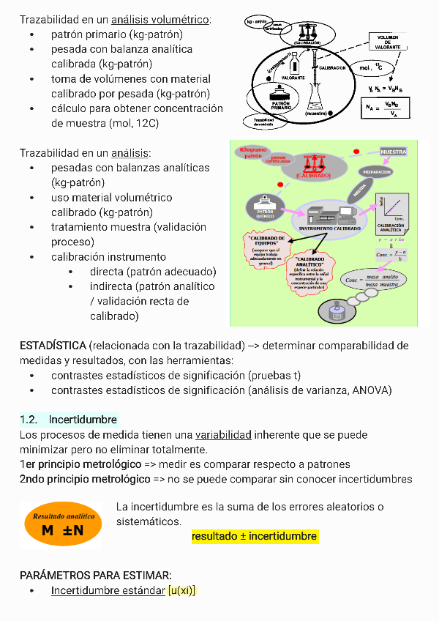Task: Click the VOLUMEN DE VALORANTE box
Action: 388,42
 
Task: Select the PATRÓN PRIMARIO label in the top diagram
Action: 280,105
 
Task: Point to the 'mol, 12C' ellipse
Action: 366,68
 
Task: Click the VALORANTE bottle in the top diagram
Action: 291,66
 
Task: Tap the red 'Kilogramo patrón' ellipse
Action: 253,152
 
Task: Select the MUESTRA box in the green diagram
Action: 393,152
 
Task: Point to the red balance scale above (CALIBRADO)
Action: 313,162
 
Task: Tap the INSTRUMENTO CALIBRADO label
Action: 329,228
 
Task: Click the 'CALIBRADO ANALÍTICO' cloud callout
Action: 309,272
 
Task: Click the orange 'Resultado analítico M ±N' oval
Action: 62,524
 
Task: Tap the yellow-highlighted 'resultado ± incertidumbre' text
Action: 254,537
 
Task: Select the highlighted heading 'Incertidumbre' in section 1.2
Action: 83,420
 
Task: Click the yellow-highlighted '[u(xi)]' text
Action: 182,590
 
